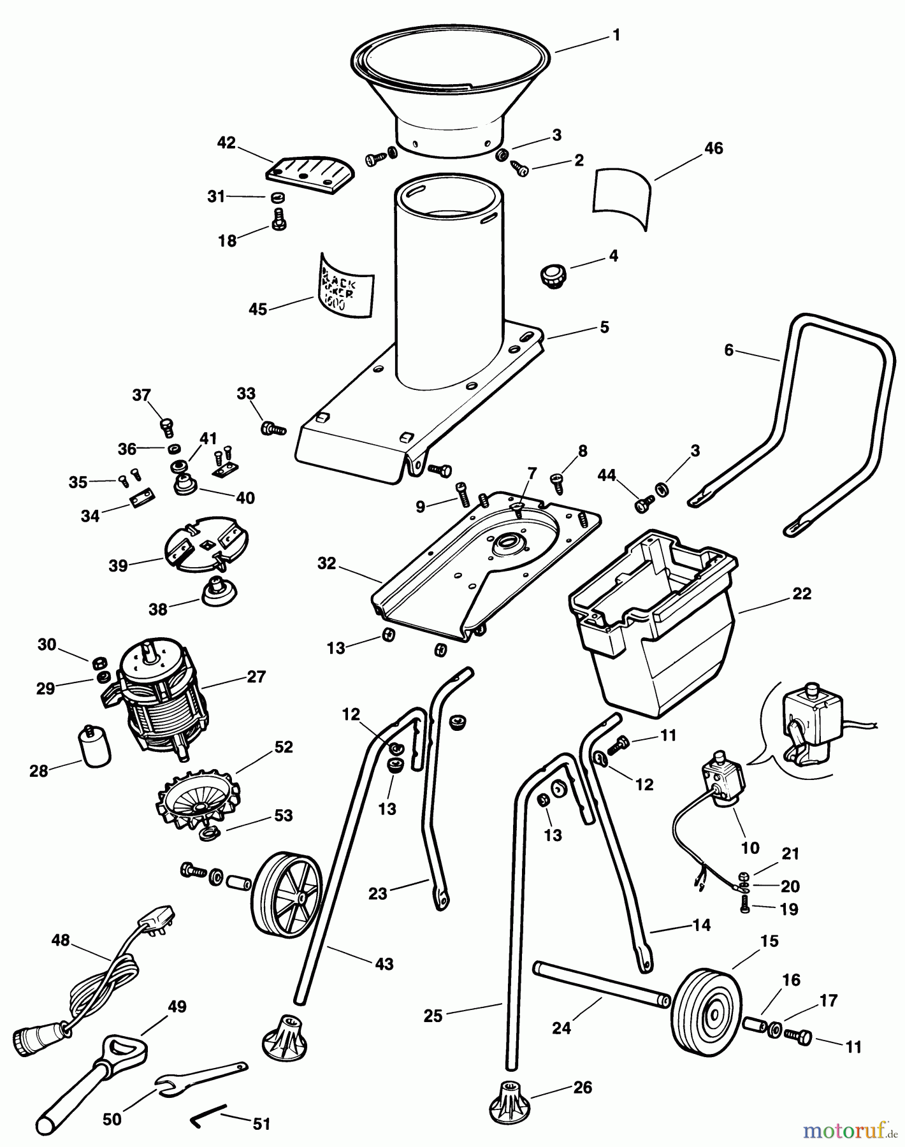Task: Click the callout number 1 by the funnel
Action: pos(616,35)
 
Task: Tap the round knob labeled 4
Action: pos(553,277)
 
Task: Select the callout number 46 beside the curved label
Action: pos(713,148)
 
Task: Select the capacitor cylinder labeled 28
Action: pos(94,746)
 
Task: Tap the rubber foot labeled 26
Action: pos(509,1103)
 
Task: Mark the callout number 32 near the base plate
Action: pos(326,564)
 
